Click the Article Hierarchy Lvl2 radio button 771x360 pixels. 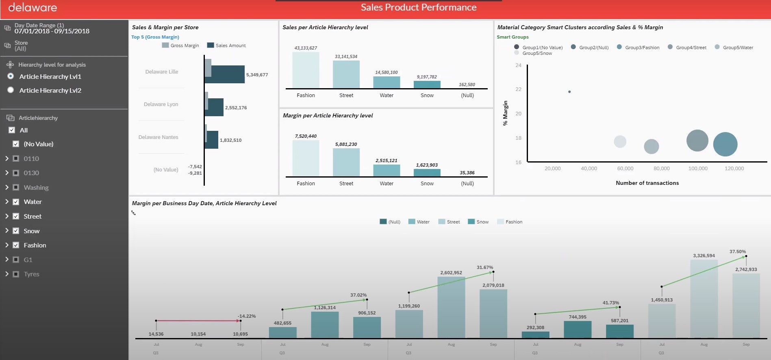click(x=11, y=90)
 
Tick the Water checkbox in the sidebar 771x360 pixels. click(x=16, y=202)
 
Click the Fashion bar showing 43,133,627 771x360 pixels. click(x=306, y=70)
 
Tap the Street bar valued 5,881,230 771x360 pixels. click(x=346, y=162)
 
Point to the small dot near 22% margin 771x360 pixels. click(x=569, y=92)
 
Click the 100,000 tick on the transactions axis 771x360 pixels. click(x=697, y=168)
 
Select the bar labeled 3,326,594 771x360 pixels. click(x=704, y=299)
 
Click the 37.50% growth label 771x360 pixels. click(x=737, y=252)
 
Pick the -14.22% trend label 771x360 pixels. click(x=247, y=316)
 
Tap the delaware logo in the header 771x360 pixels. click(x=33, y=7)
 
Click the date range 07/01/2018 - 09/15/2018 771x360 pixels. click(x=52, y=31)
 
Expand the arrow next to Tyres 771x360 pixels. click(x=7, y=274)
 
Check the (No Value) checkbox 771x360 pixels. click(x=16, y=144)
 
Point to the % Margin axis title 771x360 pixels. click(x=505, y=113)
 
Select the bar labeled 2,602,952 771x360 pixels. click(x=451, y=307)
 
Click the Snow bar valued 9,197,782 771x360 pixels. click(x=427, y=85)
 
